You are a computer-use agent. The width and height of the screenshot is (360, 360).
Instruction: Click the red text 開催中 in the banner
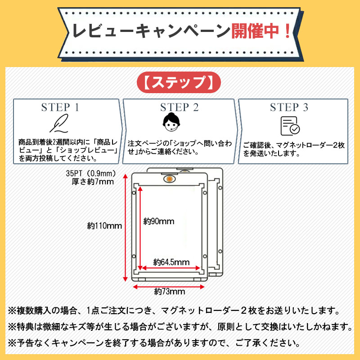(x=255, y=31)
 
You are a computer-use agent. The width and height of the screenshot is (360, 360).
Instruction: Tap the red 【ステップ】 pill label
(x=179, y=82)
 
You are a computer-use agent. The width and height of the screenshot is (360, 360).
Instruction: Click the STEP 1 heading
(x=60, y=107)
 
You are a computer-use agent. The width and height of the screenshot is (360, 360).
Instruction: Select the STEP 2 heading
(x=179, y=107)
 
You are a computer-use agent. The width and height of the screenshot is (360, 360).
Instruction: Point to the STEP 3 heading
(x=289, y=107)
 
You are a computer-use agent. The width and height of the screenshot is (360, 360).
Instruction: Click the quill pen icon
(x=59, y=123)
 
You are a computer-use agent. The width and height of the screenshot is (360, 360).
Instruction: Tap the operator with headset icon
(x=171, y=122)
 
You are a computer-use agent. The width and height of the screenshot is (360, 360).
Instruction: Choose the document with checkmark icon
(x=290, y=126)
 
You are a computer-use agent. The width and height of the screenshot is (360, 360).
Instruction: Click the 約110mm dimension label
(x=104, y=226)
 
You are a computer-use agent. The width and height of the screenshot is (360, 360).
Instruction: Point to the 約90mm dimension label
(x=159, y=221)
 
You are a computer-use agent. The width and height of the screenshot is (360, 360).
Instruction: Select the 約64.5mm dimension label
(x=171, y=262)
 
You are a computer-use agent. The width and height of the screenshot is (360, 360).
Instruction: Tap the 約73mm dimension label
(x=170, y=291)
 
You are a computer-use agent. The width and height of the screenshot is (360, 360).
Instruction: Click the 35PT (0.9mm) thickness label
(x=91, y=173)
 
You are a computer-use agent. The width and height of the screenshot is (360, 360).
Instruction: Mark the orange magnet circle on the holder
(x=170, y=179)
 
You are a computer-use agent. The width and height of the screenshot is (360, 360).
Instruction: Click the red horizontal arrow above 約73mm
(x=169, y=287)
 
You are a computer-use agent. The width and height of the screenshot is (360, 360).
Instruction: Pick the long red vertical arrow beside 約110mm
(x=125, y=228)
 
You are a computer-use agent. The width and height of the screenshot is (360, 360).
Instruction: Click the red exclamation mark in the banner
(x=287, y=31)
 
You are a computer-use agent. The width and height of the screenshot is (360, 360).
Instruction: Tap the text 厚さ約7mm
(x=93, y=182)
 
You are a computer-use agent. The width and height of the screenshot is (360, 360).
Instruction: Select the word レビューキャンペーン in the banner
(x=151, y=31)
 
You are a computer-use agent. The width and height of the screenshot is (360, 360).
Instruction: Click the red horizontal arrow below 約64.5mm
(x=171, y=268)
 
